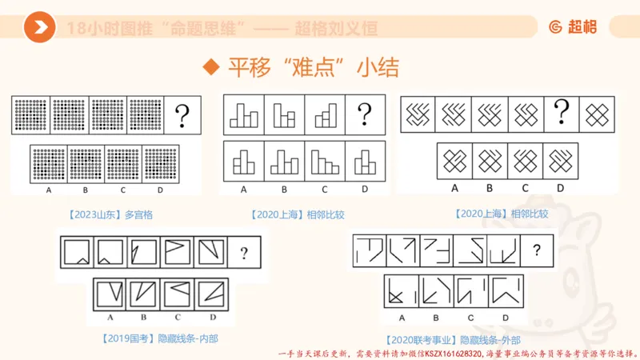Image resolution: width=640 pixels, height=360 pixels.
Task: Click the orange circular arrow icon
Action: pyautogui.click(x=39, y=29)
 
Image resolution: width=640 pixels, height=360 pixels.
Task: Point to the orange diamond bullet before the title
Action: pyautogui.click(x=210, y=66)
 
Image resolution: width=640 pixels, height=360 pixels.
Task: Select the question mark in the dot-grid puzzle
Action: pyautogui.click(x=183, y=113)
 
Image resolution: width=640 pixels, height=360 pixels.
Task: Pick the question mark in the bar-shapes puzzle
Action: pyautogui.click(x=366, y=113)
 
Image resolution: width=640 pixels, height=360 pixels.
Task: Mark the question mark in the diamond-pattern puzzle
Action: pyautogui.click(x=562, y=112)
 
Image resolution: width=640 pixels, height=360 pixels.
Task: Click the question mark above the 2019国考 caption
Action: pyautogui.click(x=244, y=254)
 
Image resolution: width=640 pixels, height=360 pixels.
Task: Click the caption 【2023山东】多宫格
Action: pyautogui.click(x=106, y=214)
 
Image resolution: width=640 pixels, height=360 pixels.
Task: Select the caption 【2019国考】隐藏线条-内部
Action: pyautogui.click(x=160, y=338)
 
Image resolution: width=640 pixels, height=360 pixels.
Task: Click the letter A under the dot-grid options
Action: pyautogui.click(x=49, y=190)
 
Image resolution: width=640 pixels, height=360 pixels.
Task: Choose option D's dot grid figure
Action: pyautogui.click(x=161, y=164)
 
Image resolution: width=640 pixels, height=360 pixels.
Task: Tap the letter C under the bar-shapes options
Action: pyautogui.click(x=324, y=190)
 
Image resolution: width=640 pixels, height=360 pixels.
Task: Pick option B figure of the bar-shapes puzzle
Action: pyautogui.click(x=284, y=160)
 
